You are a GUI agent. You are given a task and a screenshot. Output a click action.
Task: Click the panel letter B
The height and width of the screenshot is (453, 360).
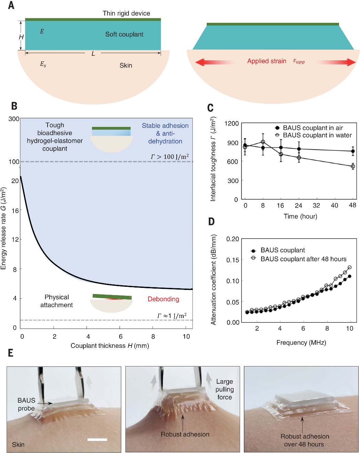coord(14,106)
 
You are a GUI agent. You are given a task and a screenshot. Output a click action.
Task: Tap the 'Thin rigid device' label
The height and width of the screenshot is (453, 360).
coord(126,13)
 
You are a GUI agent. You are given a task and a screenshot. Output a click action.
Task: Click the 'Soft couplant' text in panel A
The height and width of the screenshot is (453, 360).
coord(124,34)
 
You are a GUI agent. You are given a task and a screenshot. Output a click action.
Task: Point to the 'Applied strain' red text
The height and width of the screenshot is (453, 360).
coord(267,61)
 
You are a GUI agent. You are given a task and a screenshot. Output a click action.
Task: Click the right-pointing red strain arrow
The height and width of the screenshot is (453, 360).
coord(336,62)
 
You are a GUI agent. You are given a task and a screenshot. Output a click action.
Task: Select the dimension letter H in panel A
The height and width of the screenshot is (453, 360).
coord(21,37)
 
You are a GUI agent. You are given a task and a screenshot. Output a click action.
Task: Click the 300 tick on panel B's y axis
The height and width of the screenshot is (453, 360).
coord(14,119)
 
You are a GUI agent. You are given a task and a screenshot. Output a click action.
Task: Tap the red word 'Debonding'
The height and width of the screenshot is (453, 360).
coord(163,299)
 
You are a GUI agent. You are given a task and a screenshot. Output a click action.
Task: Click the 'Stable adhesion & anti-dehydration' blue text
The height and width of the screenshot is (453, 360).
coord(165,133)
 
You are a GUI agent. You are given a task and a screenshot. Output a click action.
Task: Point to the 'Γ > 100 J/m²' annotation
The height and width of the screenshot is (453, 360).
coord(169,157)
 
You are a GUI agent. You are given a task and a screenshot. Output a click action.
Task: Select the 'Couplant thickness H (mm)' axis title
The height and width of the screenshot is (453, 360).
coord(110,345)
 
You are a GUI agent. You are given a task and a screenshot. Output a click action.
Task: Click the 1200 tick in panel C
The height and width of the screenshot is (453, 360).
coord(231,123)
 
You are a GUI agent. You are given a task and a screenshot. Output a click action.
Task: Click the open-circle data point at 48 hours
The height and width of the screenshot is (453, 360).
coord(353,167)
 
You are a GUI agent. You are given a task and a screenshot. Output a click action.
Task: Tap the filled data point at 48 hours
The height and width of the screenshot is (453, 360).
coord(353,151)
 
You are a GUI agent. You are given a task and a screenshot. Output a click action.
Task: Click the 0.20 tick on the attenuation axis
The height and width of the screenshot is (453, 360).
coord(233,239)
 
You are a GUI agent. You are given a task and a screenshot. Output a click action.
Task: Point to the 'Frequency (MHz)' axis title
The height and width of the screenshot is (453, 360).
coord(301,342)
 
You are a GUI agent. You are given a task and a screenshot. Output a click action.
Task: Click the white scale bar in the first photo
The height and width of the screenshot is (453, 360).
coord(97,440)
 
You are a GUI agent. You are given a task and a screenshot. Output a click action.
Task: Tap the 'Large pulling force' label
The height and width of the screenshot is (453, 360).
coord(225,389)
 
